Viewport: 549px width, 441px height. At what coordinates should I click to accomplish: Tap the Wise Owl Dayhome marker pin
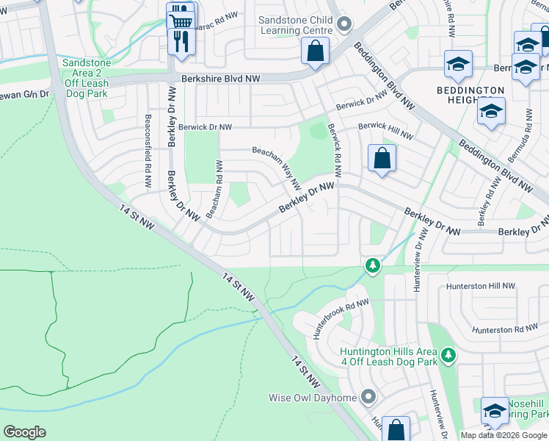pyautogui.click(x=368, y=398)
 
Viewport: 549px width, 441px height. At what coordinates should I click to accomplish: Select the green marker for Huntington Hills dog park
pyautogui.click(x=448, y=356)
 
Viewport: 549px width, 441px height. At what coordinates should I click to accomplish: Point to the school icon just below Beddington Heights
pyautogui.click(x=491, y=112)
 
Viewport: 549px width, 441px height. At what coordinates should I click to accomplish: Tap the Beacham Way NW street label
pyautogui.click(x=277, y=165)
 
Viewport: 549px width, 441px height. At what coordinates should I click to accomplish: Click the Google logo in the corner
pyautogui.click(x=24, y=432)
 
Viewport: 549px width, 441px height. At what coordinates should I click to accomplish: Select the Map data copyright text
pyautogui.click(x=503, y=435)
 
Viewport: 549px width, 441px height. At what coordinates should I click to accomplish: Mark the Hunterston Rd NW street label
pyautogui.click(x=506, y=330)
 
